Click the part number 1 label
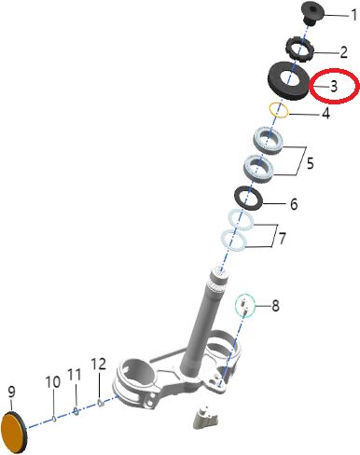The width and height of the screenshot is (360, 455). pyautogui.click(x=353, y=15)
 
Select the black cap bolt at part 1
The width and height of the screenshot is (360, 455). pyautogui.click(x=312, y=11)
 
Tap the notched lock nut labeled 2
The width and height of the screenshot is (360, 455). pyautogui.click(x=299, y=48)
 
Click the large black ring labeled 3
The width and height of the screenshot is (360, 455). pyautogui.click(x=288, y=81)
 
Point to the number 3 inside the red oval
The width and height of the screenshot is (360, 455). pyautogui.click(x=334, y=86)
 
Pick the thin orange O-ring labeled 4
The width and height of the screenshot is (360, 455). pyautogui.click(x=279, y=110)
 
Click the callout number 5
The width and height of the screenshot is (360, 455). pyautogui.click(x=310, y=163)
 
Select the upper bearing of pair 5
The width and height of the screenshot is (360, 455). pyautogui.click(x=270, y=141)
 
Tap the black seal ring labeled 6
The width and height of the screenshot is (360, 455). pyautogui.click(x=249, y=199)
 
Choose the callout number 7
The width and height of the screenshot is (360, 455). pyautogui.click(x=282, y=238)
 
